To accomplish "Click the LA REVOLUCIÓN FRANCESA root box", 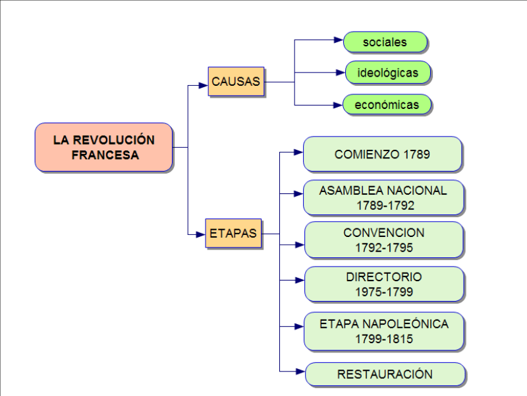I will point(103,147).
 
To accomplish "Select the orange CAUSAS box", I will point(236,81).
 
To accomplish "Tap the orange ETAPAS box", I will point(233,233).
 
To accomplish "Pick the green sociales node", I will point(385,42).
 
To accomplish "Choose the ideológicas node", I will point(387,72).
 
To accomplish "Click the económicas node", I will point(387,104).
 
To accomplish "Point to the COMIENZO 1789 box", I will point(382,154).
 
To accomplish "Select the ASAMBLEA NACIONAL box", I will point(383,197).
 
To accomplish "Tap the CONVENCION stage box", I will point(383,240).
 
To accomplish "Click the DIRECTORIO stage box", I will point(383,284).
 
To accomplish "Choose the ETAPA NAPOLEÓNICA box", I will point(383,331).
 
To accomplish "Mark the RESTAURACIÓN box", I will point(385,374).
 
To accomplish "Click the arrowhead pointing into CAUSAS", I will point(204,84).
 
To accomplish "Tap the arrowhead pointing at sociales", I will point(339,40).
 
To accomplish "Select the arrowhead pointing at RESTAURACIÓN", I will point(300,371).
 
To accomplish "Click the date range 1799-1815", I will point(383,339).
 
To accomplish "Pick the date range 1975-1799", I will point(383,292).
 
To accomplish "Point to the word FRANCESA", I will point(104,156).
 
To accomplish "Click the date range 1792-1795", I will point(383,248).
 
